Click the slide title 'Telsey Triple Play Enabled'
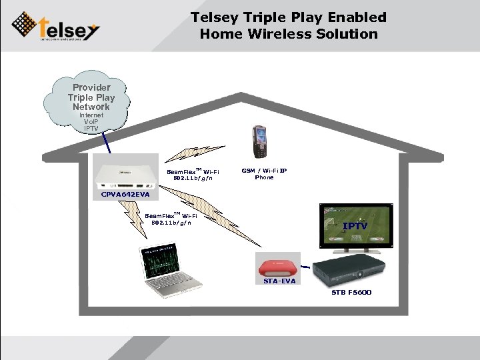pyautogui.click(x=288, y=17)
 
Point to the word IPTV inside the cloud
pyautogui.click(x=91, y=129)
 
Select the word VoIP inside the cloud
pyautogui.click(x=91, y=122)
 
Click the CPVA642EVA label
pyautogui.click(x=125, y=195)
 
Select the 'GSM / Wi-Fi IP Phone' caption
pyautogui.click(x=264, y=174)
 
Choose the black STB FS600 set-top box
pyautogui.click(x=349, y=271)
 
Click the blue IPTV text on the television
pyautogui.click(x=355, y=226)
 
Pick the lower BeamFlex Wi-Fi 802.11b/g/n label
pyautogui.click(x=171, y=219)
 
